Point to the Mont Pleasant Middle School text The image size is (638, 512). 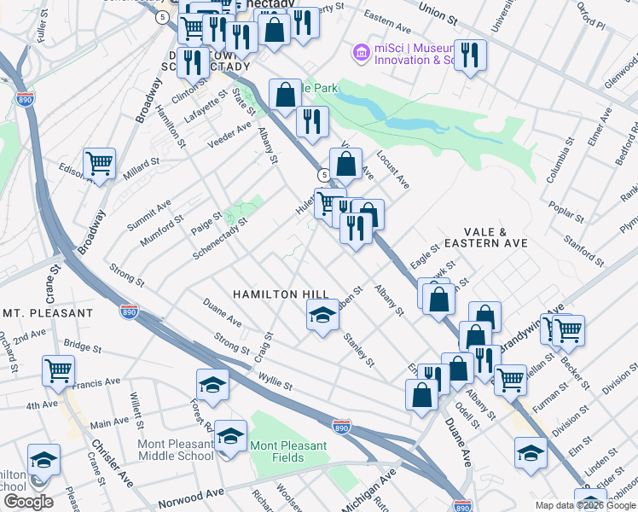pos(176,450)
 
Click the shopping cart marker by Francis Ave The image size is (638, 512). pos(59,370)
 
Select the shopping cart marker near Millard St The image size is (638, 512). pos(100,162)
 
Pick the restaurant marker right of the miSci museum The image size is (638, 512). pos(470,55)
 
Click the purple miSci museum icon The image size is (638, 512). pos(362,54)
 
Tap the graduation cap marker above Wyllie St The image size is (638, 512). pos(212,384)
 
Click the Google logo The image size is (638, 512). pos(28,501)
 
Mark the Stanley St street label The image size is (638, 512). pos(358,350)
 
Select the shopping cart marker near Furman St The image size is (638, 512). pos(510,380)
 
